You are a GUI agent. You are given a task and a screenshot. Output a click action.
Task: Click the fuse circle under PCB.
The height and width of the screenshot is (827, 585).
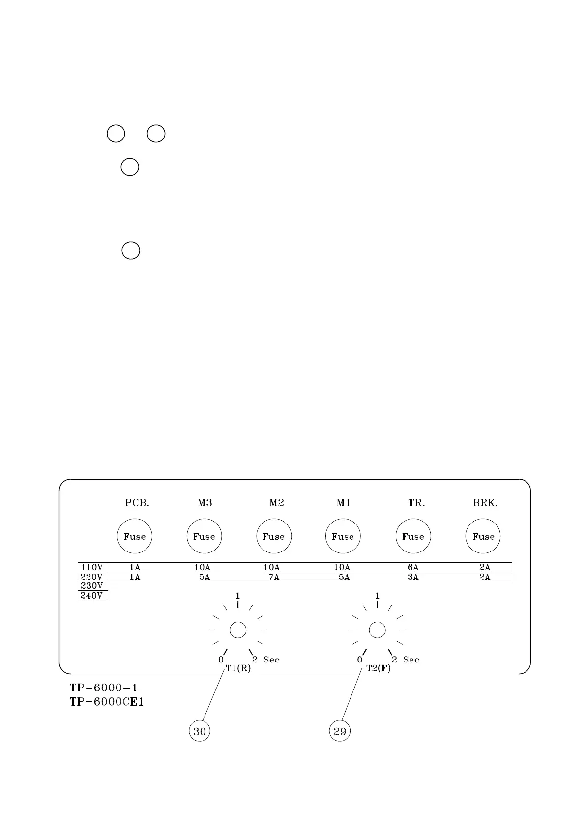click(135, 536)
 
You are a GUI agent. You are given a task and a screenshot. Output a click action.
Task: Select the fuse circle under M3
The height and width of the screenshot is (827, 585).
click(204, 536)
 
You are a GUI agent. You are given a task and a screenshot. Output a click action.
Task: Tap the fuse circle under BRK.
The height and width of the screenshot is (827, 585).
click(483, 536)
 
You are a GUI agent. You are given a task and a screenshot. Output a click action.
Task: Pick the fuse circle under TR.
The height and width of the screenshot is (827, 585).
click(413, 536)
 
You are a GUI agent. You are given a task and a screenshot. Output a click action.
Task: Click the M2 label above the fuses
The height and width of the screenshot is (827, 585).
click(277, 503)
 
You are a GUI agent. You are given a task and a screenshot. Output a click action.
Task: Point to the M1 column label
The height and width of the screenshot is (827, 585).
click(343, 503)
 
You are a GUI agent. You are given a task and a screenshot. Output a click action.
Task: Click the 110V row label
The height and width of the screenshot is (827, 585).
click(92, 567)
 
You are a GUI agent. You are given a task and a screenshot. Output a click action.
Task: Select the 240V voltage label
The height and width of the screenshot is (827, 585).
click(92, 596)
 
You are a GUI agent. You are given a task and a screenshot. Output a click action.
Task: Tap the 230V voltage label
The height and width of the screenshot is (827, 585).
click(92, 586)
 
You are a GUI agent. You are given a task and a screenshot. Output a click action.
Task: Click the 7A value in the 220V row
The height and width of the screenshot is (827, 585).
click(274, 577)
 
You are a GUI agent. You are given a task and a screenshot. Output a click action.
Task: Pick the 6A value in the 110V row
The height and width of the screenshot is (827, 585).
click(413, 567)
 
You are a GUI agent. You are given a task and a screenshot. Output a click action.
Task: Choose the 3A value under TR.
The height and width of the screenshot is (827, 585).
click(413, 577)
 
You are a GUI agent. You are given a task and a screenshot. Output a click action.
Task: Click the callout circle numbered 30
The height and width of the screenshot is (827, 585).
click(200, 731)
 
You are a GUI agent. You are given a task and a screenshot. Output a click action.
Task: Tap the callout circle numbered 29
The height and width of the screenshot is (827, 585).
click(340, 731)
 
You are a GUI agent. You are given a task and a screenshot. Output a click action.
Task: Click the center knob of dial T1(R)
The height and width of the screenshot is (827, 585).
click(238, 630)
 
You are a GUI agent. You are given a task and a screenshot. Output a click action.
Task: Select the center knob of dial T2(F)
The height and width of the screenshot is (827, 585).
click(377, 630)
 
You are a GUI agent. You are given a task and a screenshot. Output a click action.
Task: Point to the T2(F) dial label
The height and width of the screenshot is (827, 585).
click(379, 669)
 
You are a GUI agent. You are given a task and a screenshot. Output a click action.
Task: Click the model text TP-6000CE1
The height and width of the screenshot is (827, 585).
click(107, 702)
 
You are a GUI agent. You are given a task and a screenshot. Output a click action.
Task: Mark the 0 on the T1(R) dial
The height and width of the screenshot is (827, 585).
click(221, 660)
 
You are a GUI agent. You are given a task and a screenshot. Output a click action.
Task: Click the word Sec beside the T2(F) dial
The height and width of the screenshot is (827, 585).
click(411, 660)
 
